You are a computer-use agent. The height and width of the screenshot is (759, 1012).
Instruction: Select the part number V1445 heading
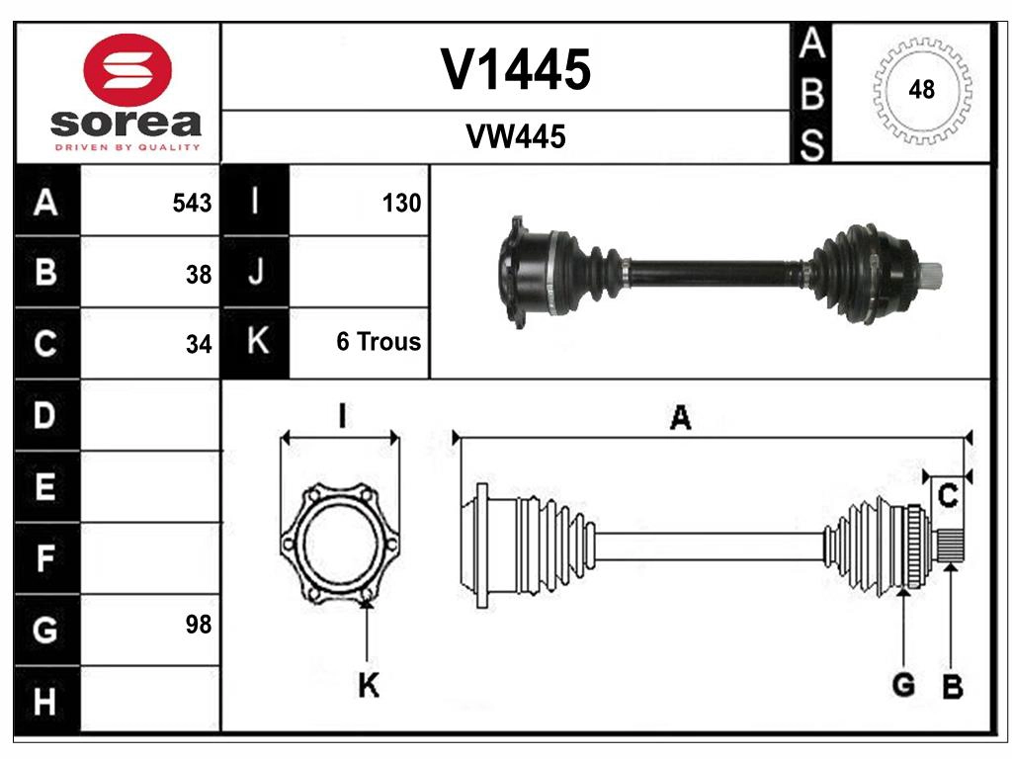click(x=516, y=69)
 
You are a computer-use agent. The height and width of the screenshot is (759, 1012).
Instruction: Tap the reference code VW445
click(x=516, y=137)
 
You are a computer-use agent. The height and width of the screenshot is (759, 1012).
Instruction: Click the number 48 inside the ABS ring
click(x=921, y=90)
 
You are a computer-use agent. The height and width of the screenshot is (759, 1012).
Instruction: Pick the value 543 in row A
click(x=191, y=203)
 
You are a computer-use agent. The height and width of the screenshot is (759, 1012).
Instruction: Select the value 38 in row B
click(x=199, y=275)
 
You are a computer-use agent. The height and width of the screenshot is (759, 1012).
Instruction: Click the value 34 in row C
click(x=199, y=345)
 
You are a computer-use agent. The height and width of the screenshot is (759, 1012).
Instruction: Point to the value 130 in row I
click(x=401, y=203)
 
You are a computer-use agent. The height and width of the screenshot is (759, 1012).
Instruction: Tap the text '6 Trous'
click(x=379, y=342)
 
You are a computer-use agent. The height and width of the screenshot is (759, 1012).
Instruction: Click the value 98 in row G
click(x=199, y=625)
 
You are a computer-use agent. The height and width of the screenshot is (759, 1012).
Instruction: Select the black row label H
click(x=45, y=702)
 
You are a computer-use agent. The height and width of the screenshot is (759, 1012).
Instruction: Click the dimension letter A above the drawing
click(x=680, y=418)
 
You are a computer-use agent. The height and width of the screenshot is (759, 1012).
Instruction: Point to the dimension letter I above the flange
click(x=340, y=417)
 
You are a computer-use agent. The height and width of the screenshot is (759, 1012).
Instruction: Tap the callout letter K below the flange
click(x=368, y=685)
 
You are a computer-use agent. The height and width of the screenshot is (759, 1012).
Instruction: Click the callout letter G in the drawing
click(x=902, y=684)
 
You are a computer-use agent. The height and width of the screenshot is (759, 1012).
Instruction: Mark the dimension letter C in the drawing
click(x=948, y=497)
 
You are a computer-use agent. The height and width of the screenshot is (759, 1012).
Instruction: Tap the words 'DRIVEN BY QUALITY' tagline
click(x=127, y=147)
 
